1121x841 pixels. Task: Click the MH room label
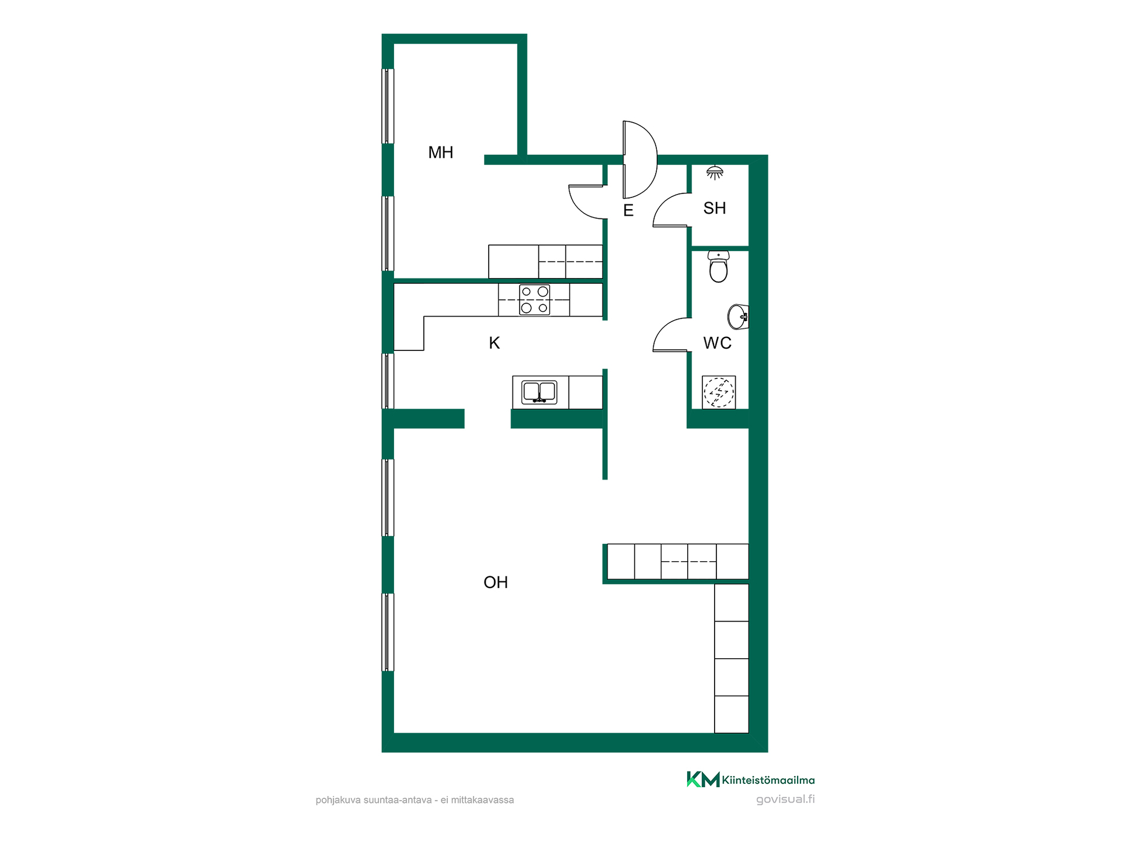[441, 152]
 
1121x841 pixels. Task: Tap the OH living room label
[496, 582]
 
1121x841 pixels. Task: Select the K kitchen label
[495, 343]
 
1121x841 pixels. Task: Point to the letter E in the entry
[628, 210]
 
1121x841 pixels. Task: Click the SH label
[715, 208]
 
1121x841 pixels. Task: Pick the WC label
[718, 343]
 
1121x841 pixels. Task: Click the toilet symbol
[719, 267]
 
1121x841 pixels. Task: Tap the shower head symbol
[715, 172]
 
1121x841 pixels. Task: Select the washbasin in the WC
[738, 317]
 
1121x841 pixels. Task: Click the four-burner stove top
[535, 300]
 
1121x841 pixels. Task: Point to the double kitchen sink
[539, 392]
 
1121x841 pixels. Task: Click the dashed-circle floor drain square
[719, 392]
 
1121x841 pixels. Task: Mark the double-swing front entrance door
[640, 159]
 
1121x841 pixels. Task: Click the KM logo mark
[703, 780]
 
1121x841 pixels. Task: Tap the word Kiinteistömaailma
[768, 780]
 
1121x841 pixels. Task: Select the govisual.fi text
[785, 800]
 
